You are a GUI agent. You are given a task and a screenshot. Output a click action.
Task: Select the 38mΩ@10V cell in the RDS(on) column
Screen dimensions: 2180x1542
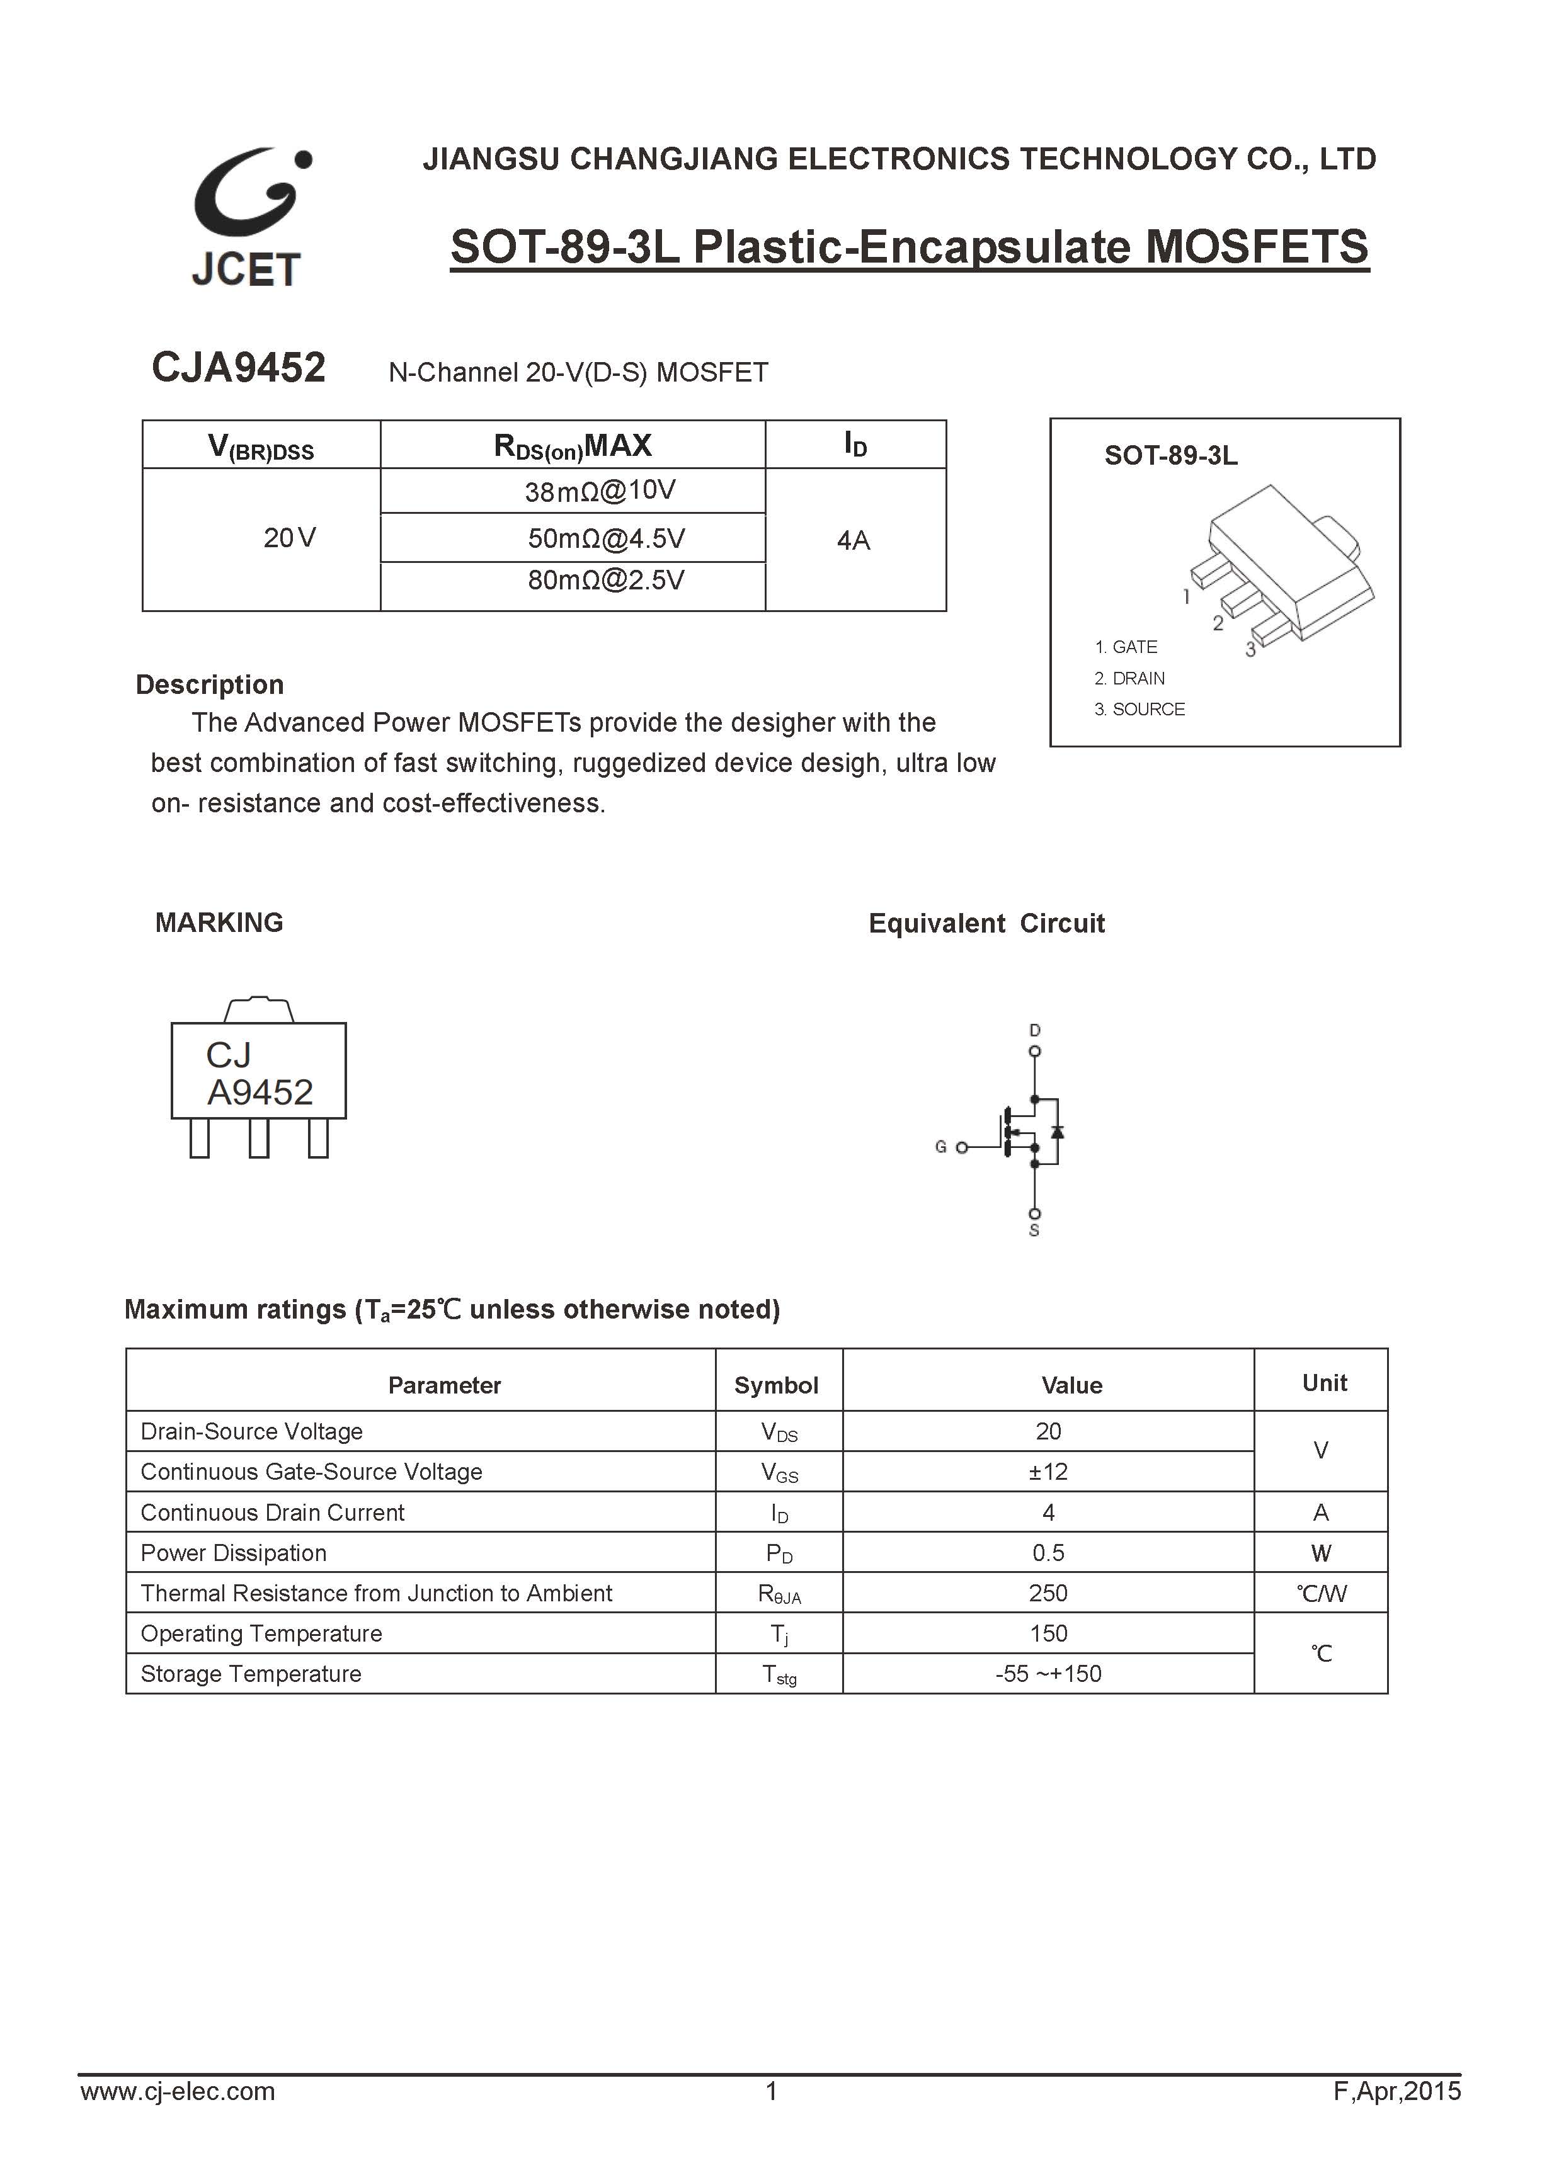tap(600, 491)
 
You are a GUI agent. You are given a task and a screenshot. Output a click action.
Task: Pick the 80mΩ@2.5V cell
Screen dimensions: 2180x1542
tap(606, 580)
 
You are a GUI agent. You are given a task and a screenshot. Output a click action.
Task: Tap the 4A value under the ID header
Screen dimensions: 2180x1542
tap(854, 540)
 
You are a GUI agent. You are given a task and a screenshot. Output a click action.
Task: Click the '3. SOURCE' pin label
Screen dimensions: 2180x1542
tap(1139, 709)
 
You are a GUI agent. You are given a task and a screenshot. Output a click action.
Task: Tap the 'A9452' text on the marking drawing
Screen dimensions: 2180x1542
tap(260, 1093)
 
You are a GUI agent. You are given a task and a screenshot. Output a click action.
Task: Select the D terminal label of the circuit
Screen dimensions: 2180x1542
tap(1035, 1030)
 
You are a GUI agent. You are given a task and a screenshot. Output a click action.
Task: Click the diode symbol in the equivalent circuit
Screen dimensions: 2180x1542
tap(1058, 1131)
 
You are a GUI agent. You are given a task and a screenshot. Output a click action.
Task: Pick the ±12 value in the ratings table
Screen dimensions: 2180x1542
tap(1048, 1472)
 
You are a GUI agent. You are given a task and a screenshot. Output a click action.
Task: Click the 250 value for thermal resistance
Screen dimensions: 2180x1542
tap(1048, 1593)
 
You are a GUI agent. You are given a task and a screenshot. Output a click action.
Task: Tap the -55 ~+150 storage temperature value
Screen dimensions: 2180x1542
tap(1048, 1674)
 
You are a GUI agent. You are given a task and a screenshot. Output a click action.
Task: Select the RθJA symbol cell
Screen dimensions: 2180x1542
tap(780, 1594)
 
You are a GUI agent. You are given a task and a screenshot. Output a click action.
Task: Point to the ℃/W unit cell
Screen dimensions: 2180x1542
tap(1321, 1593)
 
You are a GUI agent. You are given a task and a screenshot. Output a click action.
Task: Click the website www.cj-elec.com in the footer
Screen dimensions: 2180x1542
tap(178, 2118)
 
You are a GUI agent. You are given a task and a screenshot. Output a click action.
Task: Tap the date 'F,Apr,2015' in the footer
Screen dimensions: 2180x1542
tap(1396, 2118)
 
